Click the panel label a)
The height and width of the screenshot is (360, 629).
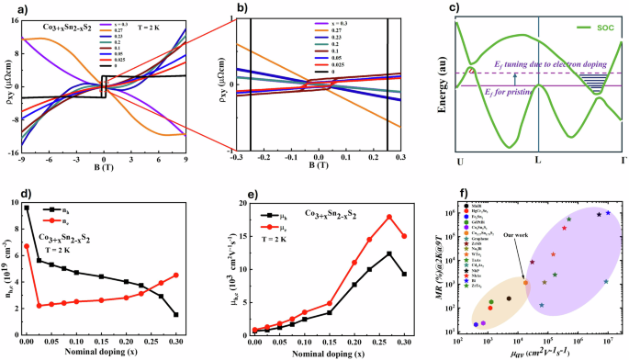(x=8, y=7)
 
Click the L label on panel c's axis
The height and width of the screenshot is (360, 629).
(x=537, y=161)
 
